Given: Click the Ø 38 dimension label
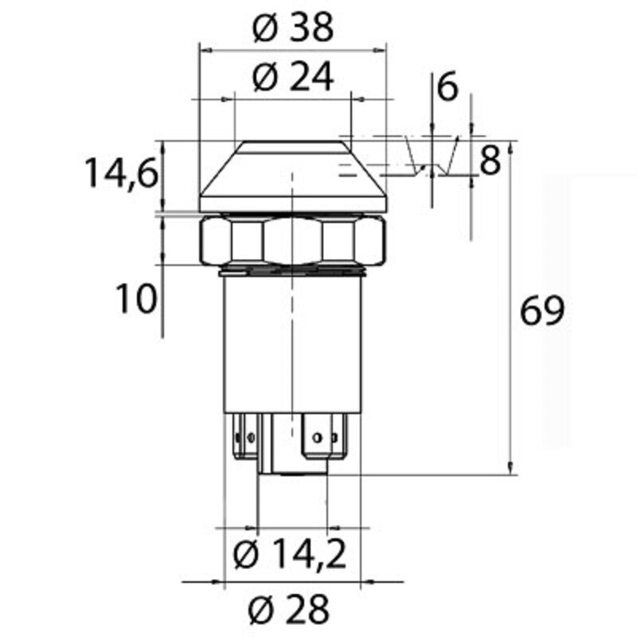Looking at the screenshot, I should [x=291, y=29].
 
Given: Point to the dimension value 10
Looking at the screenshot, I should [x=133, y=300].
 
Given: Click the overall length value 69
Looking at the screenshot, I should [x=541, y=311].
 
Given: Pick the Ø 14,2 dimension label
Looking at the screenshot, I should [x=291, y=555].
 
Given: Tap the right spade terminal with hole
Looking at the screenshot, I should [x=324, y=437].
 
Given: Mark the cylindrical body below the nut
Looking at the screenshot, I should [x=292, y=342].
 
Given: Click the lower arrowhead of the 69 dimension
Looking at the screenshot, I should [x=510, y=470].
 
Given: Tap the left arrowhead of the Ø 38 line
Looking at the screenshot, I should [x=203, y=49].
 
